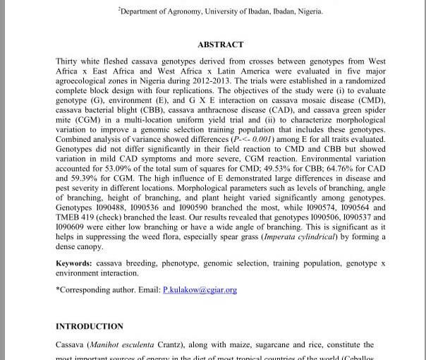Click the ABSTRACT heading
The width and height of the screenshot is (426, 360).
[x=220, y=44]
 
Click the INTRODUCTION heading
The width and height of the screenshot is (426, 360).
[x=90, y=326]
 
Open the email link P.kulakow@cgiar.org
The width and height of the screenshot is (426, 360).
[x=200, y=290]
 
